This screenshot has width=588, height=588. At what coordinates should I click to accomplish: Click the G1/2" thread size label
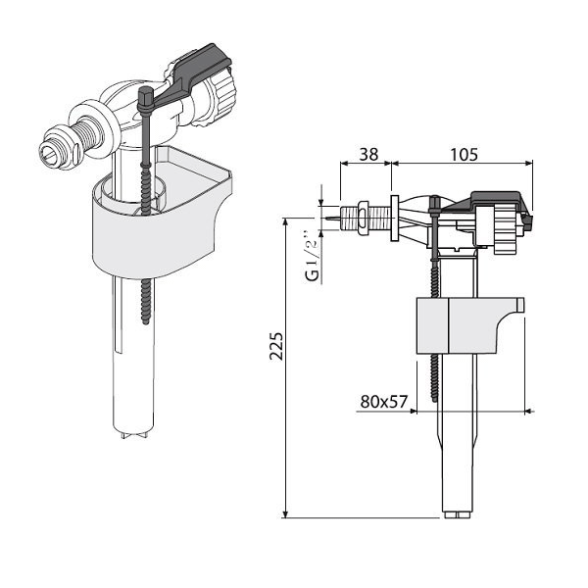coord(311,257)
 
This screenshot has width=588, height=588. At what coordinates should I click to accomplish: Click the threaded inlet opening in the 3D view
coord(49,153)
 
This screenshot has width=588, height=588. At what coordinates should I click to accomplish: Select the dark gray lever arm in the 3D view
coord(195,74)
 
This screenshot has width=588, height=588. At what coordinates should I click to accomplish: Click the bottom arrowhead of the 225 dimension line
coord(284,514)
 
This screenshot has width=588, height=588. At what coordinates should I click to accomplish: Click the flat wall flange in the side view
coord(393,218)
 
